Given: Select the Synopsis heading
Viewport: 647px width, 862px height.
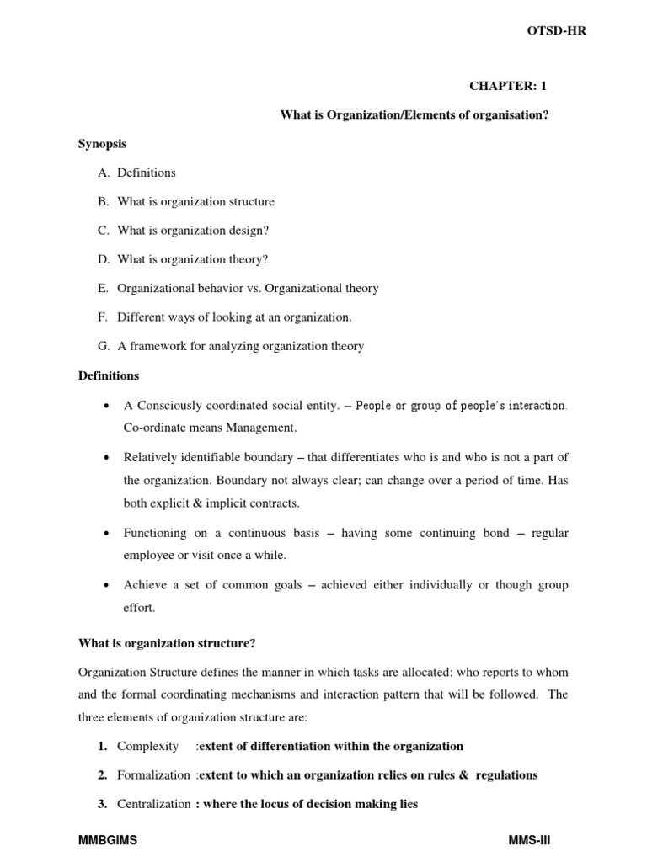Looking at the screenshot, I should tap(102, 144).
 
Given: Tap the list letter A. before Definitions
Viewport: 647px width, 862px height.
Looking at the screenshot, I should tap(104, 173).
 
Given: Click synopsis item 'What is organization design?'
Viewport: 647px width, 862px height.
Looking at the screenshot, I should tap(194, 230).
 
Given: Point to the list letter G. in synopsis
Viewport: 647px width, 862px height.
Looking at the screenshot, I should tap(104, 345).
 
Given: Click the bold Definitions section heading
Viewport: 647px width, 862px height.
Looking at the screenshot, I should tap(109, 375).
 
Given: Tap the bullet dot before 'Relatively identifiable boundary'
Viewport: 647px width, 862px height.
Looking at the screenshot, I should tap(105, 458).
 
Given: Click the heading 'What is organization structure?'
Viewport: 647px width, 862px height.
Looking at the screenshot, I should tap(167, 643).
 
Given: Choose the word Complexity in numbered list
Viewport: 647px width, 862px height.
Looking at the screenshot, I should tap(148, 746).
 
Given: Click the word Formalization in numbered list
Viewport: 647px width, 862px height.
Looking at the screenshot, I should tap(155, 774).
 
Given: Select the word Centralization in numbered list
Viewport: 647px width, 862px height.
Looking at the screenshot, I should tap(154, 804).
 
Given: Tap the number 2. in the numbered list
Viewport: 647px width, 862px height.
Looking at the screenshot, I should tap(102, 774).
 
